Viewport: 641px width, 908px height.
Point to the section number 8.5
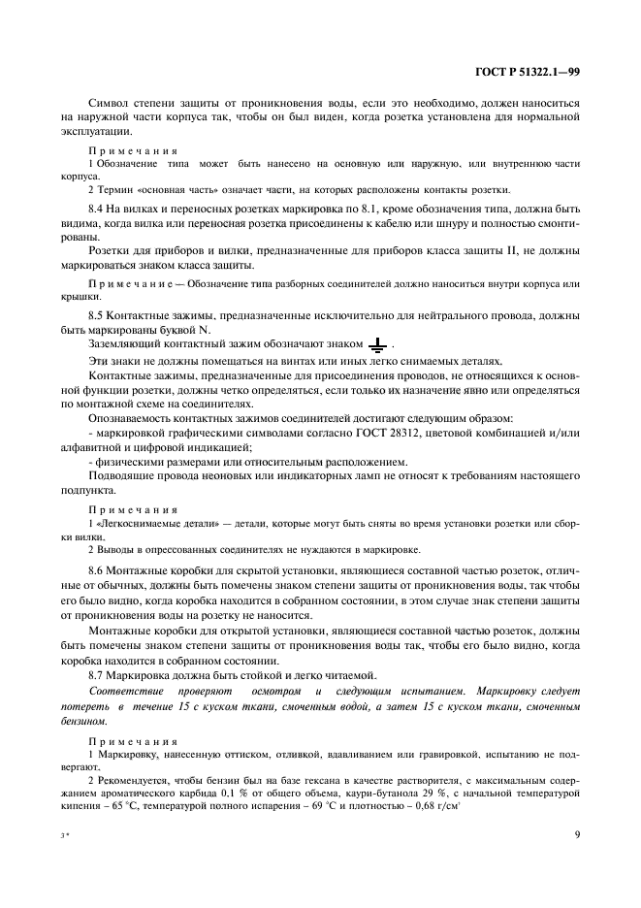click(x=96, y=316)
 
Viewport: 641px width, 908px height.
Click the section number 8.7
click(x=96, y=674)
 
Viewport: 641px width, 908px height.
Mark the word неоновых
click(x=218, y=476)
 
